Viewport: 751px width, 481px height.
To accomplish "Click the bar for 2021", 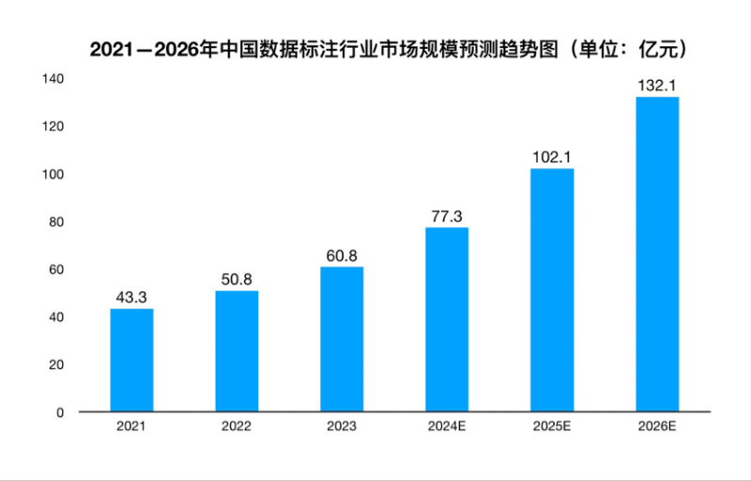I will click(131, 361).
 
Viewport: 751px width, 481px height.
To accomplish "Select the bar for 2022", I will click(237, 351).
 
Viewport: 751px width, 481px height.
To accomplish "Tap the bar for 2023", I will click(342, 339).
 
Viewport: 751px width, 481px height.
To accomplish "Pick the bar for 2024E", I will click(447, 319).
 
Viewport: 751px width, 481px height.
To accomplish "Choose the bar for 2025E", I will click(552, 290).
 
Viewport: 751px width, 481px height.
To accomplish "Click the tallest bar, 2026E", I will click(657, 255).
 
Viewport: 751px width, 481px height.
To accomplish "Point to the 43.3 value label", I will click(131, 298).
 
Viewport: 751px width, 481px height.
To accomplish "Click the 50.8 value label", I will click(237, 280).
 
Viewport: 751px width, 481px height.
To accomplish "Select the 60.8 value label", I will click(342, 256).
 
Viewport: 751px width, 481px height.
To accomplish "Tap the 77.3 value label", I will click(447, 216).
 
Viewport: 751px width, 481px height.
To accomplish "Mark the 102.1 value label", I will click(552, 157).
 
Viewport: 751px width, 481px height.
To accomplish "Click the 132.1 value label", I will click(657, 85).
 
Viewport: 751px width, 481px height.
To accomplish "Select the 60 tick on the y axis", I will click(56, 270).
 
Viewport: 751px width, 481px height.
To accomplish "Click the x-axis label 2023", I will click(342, 427).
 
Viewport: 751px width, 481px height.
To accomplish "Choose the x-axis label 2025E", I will click(552, 427).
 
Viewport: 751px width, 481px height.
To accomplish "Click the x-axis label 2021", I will click(131, 427).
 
